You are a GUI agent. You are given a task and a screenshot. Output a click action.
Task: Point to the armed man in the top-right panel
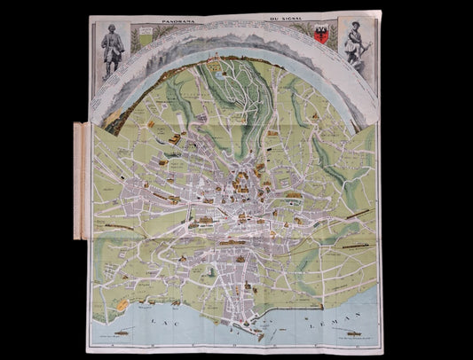[x=354, y=50]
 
